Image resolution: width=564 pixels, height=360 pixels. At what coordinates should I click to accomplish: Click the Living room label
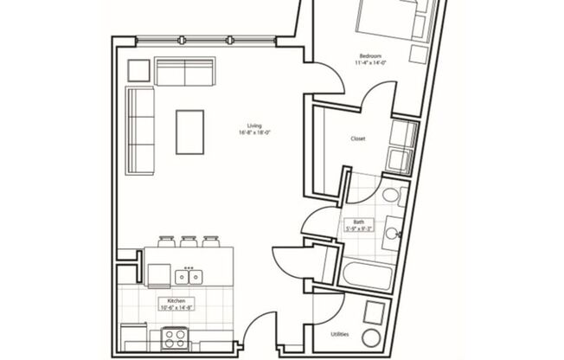254,125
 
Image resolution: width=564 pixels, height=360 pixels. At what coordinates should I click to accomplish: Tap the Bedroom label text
371,55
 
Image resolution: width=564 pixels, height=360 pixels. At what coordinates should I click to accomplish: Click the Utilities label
340,333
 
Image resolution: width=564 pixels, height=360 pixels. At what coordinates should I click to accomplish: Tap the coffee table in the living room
190,132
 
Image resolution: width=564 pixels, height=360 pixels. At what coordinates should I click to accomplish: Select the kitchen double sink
189,277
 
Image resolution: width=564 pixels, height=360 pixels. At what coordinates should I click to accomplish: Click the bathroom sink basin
392,231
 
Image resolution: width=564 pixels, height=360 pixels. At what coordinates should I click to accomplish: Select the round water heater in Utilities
371,337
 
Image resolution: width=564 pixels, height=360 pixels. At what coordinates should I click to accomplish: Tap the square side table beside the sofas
138,69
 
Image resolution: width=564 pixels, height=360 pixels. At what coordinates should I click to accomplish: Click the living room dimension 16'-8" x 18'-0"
254,132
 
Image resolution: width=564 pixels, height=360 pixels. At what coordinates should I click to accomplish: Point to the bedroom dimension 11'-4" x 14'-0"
371,62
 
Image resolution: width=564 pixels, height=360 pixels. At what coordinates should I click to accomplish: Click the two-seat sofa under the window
185,72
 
